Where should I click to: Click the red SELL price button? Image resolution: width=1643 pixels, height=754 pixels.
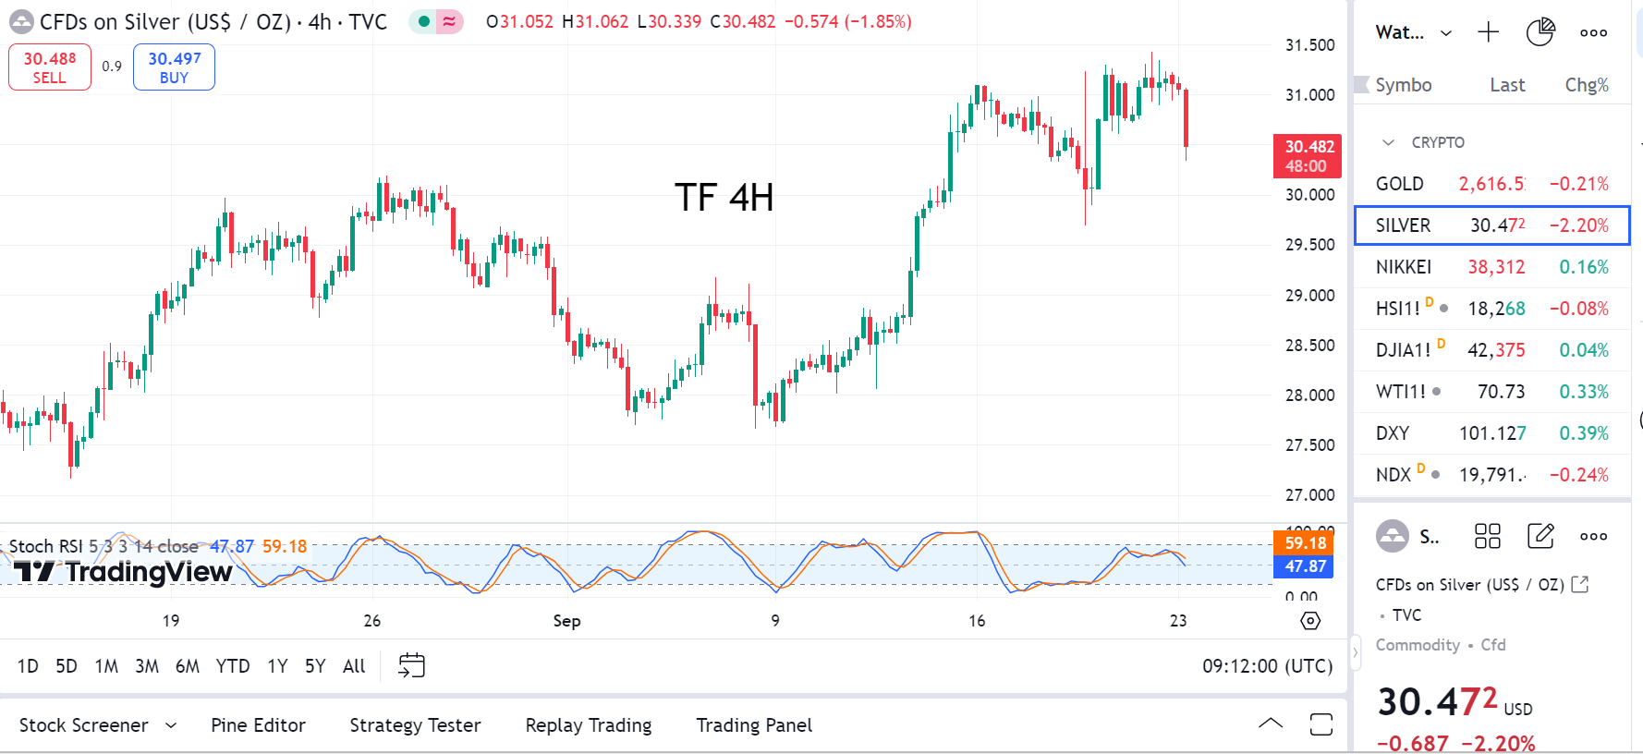point(50,67)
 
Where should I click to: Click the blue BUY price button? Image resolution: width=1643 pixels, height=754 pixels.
point(174,67)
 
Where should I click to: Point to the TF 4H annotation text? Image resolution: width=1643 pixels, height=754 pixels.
point(724,198)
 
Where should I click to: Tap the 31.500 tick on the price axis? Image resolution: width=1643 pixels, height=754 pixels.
point(1309,45)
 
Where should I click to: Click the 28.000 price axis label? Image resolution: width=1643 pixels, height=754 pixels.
point(1309,395)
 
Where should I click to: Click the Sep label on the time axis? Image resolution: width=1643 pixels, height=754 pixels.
point(566,621)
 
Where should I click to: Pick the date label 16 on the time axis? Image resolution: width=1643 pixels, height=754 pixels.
point(977,621)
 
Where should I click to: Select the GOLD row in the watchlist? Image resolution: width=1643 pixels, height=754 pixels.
point(1491,184)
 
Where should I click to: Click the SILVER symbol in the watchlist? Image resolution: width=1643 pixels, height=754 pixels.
point(1403,225)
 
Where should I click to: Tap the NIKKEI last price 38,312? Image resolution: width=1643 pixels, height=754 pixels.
point(1496,267)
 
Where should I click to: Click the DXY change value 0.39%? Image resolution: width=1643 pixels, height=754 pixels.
point(1584,433)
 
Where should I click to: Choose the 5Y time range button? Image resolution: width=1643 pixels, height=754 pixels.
point(315,666)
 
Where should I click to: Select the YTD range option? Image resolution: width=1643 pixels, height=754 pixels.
point(233,666)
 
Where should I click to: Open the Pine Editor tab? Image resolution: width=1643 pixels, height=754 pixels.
point(258,725)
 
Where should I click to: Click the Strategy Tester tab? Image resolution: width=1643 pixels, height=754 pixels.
point(415,725)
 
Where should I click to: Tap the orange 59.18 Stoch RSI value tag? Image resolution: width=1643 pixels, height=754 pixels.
point(1304,543)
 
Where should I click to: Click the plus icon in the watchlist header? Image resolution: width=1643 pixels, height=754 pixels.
point(1488,33)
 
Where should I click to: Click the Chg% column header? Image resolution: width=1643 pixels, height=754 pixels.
point(1586,85)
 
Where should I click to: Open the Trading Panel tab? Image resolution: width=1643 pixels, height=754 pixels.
point(754,725)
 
